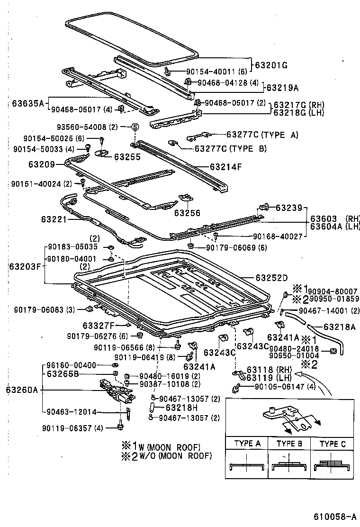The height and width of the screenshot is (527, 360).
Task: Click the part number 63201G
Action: coord(271,65)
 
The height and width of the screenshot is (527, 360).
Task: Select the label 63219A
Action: coord(282,87)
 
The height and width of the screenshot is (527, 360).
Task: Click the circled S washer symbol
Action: coord(135,127)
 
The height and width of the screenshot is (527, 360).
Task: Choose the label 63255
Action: coord(127,157)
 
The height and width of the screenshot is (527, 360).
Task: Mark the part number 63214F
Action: coord(226,167)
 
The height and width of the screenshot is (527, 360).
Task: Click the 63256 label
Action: coord(187,213)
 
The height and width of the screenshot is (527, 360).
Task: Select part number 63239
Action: coord(288,208)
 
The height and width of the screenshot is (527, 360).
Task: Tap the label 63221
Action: coord(55,219)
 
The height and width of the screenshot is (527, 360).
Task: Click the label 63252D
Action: coord(272,278)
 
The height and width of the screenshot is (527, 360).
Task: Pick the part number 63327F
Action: coord(99,326)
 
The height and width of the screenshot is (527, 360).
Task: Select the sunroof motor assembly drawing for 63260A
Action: coord(115,392)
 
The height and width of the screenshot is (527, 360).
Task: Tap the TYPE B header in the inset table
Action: coord(289,444)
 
